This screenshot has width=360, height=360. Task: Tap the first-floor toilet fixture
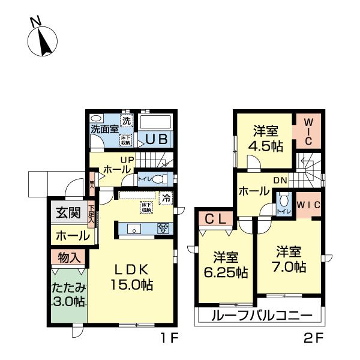pyautogui.click(x=157, y=179)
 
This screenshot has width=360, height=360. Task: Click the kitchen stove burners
pyautogui.click(x=163, y=228)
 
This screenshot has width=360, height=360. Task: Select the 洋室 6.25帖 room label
pyautogui.click(x=225, y=265)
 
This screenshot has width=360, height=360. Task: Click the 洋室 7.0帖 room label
pyautogui.click(x=291, y=258)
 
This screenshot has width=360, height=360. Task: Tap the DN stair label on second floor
pyautogui.click(x=281, y=179)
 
